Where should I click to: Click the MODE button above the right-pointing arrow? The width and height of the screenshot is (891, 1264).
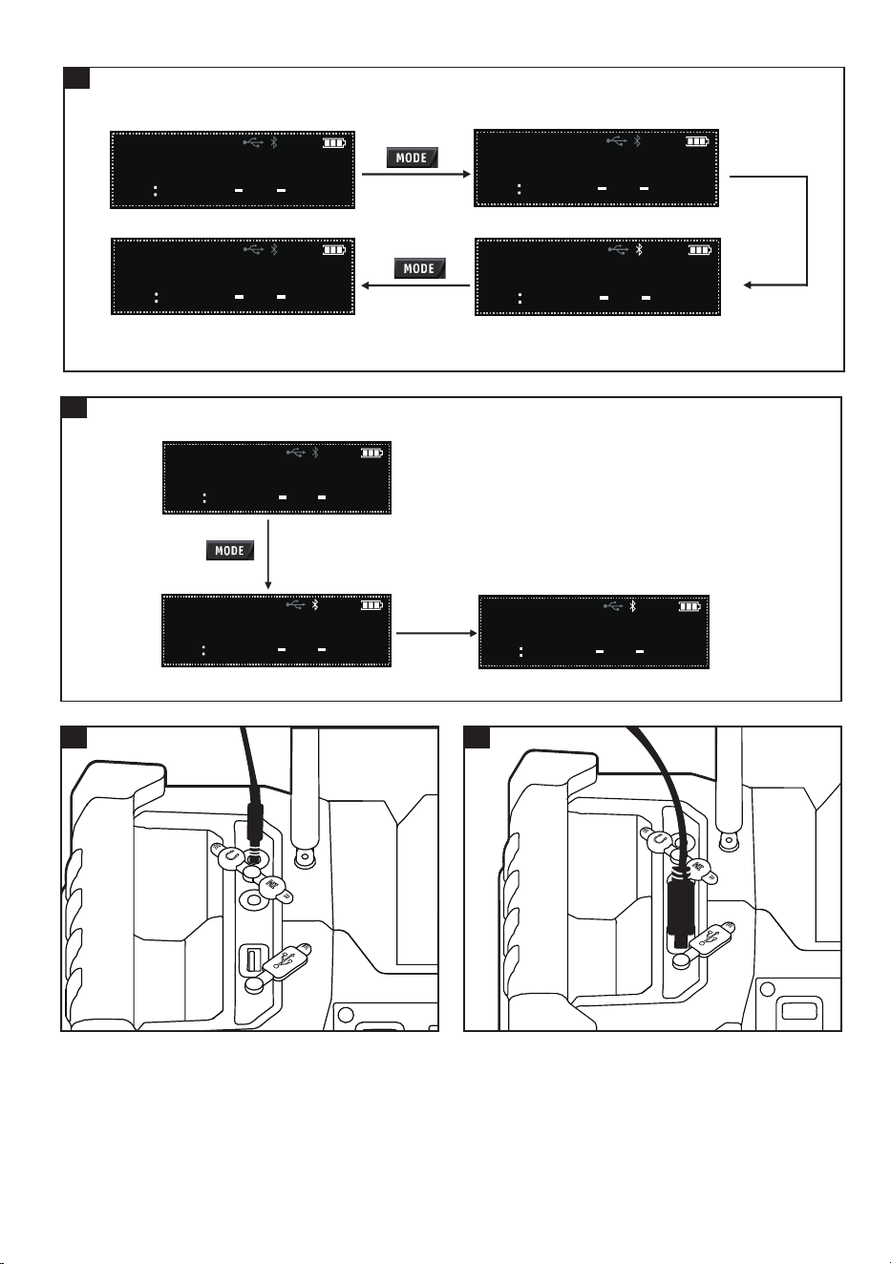[413, 158]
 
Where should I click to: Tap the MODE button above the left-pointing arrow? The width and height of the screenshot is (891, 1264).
[419, 268]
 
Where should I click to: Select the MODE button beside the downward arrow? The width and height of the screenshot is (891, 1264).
[230, 550]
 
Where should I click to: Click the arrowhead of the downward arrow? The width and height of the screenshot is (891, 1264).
[268, 585]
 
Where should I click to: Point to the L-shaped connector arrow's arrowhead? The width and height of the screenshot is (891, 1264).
[748, 284]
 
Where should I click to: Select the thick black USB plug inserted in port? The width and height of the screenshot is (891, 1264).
[678, 910]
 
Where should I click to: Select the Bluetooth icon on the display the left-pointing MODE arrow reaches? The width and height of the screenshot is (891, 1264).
[274, 249]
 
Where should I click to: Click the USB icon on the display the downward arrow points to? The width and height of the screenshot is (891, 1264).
[295, 605]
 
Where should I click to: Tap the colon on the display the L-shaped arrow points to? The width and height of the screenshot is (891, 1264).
[520, 298]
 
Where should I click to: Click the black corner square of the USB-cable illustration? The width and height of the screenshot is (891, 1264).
[477, 737]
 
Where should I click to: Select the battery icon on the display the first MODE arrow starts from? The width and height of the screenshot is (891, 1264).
[333, 143]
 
